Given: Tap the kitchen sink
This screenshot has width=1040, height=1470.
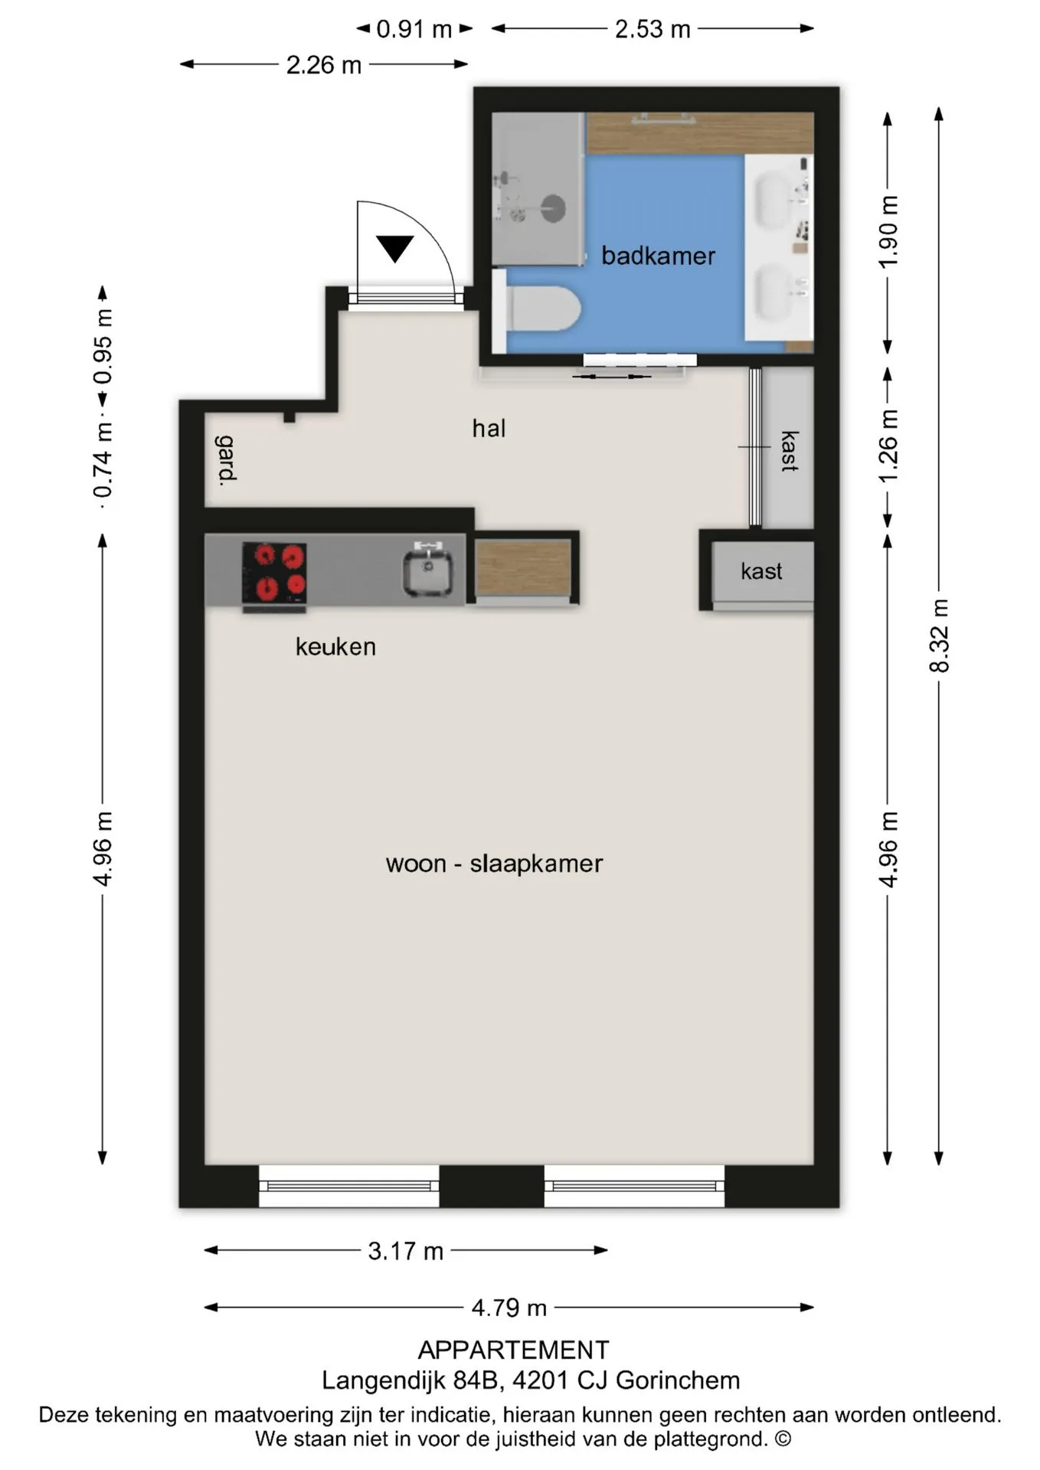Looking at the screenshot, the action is [428, 569].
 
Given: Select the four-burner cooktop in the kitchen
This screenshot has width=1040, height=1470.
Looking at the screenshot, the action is [274, 573].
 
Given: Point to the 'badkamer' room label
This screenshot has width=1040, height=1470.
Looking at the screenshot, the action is [658, 256].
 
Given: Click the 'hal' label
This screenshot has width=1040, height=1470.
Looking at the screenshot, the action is [489, 428].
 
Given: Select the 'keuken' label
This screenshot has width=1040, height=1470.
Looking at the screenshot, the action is [335, 647].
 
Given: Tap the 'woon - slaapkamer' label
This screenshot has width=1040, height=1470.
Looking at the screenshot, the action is [494, 864].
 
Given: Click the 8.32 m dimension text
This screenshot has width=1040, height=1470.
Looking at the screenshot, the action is [939, 635].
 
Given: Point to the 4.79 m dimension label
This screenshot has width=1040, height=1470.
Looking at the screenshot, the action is [509, 1307].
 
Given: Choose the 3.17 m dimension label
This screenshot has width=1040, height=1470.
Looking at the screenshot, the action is [406, 1250].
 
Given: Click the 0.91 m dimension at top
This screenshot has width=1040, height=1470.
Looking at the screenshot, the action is [414, 29].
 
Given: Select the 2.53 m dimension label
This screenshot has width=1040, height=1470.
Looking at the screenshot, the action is [652, 29].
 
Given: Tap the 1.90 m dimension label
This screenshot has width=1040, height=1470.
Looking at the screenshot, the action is [888, 232].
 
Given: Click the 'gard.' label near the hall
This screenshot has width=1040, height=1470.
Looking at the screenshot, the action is [227, 460].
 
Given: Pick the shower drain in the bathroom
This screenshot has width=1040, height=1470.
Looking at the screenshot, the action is [554, 207].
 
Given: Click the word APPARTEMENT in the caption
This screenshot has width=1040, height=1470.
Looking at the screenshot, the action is [513, 1349].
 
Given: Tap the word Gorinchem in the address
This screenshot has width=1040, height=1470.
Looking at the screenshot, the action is [678, 1380].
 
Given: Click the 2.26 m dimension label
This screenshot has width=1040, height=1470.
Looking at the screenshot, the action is [324, 65].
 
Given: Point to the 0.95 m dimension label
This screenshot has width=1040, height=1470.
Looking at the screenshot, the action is [103, 347].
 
